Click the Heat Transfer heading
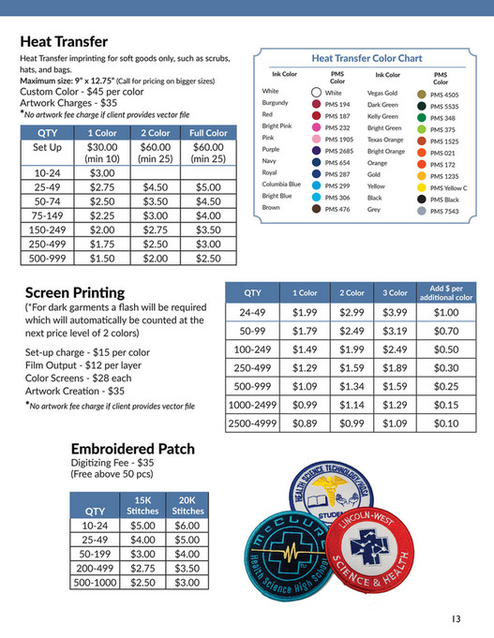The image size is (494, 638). click(64, 42)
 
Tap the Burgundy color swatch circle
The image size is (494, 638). click(316, 104)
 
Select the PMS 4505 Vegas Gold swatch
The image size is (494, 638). click(421, 94)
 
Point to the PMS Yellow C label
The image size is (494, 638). click(449, 187)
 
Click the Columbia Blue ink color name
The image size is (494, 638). click(281, 185)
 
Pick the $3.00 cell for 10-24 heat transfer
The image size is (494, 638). click(102, 173)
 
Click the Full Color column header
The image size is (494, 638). click(208, 133)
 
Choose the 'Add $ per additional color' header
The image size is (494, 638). click(447, 292)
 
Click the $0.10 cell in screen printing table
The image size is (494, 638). click(447, 423)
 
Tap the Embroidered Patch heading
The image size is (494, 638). click(137, 447)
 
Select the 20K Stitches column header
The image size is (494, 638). click(187, 505)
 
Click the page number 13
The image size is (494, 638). click(456, 617)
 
